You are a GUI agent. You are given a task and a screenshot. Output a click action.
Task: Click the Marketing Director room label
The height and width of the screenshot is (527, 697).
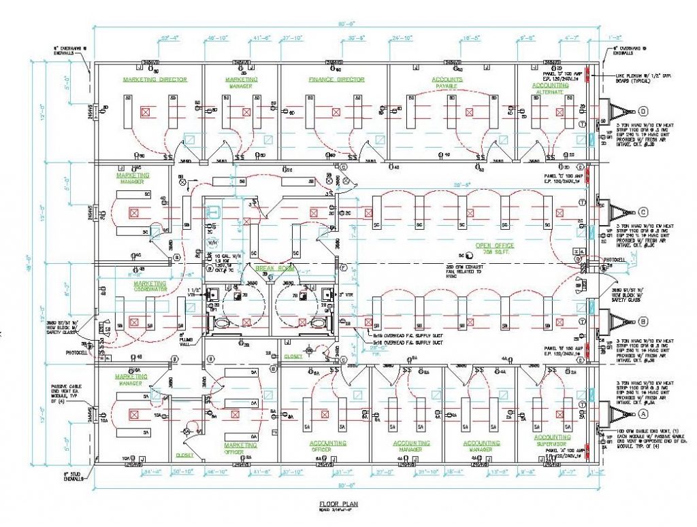(x=155, y=80)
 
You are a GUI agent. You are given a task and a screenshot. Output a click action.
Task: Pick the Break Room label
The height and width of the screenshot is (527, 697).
(x=268, y=269)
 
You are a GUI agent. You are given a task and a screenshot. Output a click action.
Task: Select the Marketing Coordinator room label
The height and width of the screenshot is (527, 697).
(x=150, y=286)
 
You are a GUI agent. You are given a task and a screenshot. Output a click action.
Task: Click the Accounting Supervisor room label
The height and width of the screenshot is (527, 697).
(x=552, y=441)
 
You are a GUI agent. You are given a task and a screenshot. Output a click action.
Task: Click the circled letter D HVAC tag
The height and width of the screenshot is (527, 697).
(x=643, y=111)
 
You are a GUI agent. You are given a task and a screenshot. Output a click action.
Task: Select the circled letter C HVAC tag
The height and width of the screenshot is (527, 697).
(x=643, y=211)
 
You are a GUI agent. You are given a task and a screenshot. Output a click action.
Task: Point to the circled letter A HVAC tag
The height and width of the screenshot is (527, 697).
(x=643, y=413)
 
